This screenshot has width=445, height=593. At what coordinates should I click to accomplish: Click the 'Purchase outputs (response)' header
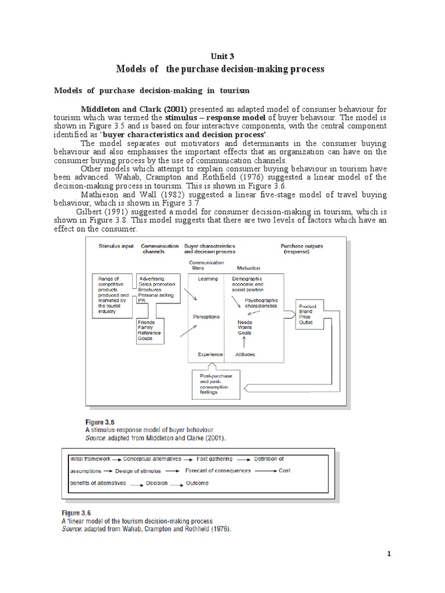point(302,249)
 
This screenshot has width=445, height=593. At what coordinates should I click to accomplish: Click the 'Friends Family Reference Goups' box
point(150,330)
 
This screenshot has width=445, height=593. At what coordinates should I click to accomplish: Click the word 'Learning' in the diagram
point(208,279)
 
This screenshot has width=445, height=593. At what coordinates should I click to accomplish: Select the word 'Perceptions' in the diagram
point(207,317)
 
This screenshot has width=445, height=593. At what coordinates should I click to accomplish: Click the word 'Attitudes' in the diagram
point(246,354)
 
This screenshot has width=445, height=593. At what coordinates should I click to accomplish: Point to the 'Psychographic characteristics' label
point(261,303)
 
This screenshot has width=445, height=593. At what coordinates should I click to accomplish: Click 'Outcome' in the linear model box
point(198,483)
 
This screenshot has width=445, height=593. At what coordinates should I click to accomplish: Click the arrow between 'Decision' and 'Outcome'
point(177,484)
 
